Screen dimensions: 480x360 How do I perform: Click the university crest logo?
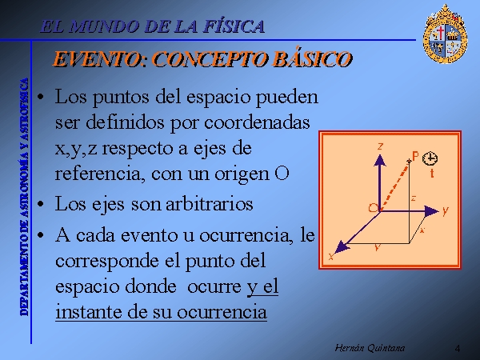tap(445, 34)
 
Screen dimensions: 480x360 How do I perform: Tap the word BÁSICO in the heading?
tap(312, 58)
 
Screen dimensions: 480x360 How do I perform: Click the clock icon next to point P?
tap(430, 158)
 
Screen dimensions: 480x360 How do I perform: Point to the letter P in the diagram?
tap(415, 156)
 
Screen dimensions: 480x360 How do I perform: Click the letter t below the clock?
tap(432, 173)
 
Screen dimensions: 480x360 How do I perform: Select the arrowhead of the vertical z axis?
tap(379, 161)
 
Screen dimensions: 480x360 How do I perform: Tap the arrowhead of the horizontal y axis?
tap(432, 211)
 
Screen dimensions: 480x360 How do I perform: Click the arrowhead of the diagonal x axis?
tap(342, 247)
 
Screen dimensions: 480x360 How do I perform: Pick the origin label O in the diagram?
tap(373, 208)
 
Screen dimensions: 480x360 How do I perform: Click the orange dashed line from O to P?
tap(394, 186)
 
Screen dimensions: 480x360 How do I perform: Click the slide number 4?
tap(458, 348)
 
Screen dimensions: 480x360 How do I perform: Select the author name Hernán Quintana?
tap(370, 348)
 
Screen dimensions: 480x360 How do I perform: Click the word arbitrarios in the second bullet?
tap(210, 203)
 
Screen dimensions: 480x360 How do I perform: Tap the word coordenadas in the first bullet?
tap(257, 122)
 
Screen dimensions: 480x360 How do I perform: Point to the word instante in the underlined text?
tap(90, 312)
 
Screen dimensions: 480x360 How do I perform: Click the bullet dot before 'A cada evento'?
tap(40, 235)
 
